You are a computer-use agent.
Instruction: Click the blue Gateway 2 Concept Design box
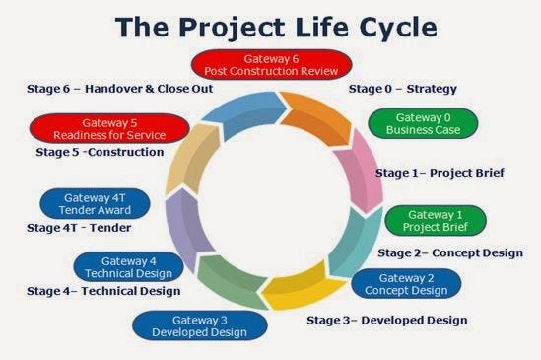(x=405, y=284)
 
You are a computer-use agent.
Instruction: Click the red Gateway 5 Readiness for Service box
(x=108, y=128)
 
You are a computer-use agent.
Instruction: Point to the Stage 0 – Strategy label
(x=402, y=89)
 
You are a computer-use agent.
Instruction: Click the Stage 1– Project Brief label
(x=440, y=173)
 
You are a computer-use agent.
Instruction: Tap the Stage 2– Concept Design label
(x=450, y=252)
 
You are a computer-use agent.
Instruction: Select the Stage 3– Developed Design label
(x=386, y=320)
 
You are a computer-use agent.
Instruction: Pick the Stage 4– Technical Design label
(x=103, y=291)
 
